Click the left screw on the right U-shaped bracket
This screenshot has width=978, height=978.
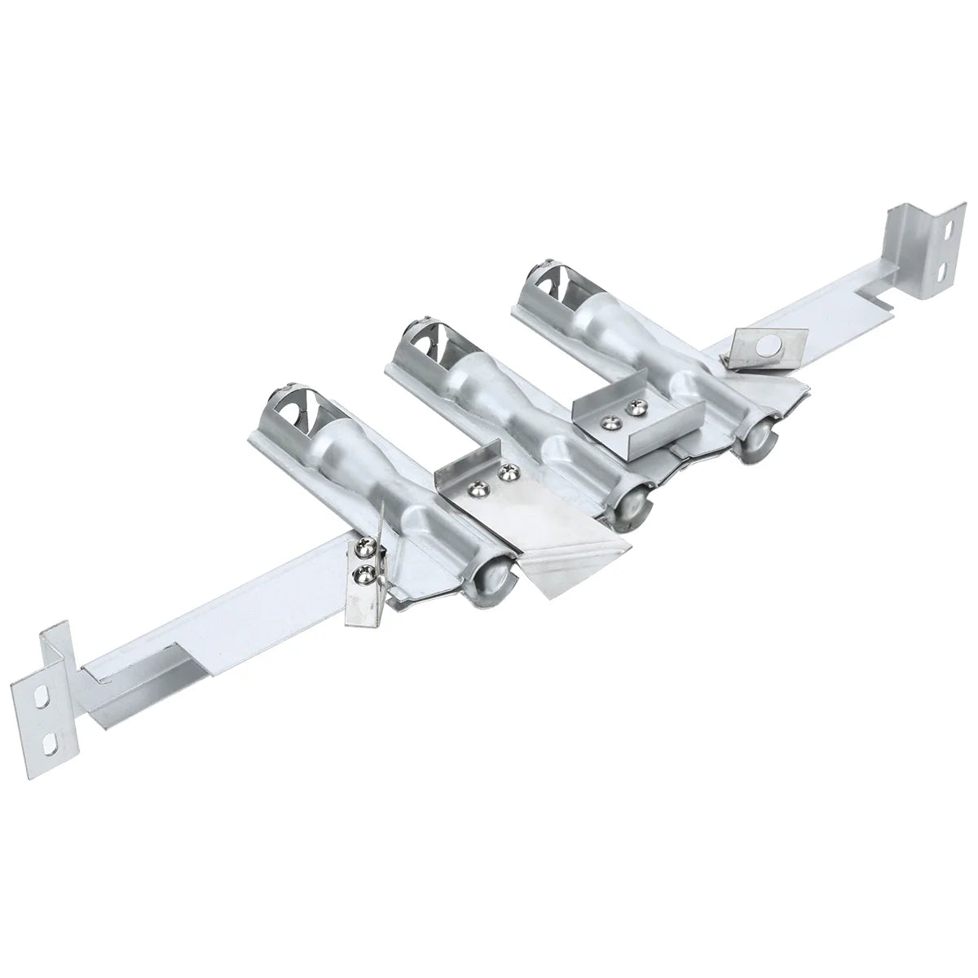click(x=608, y=421)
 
